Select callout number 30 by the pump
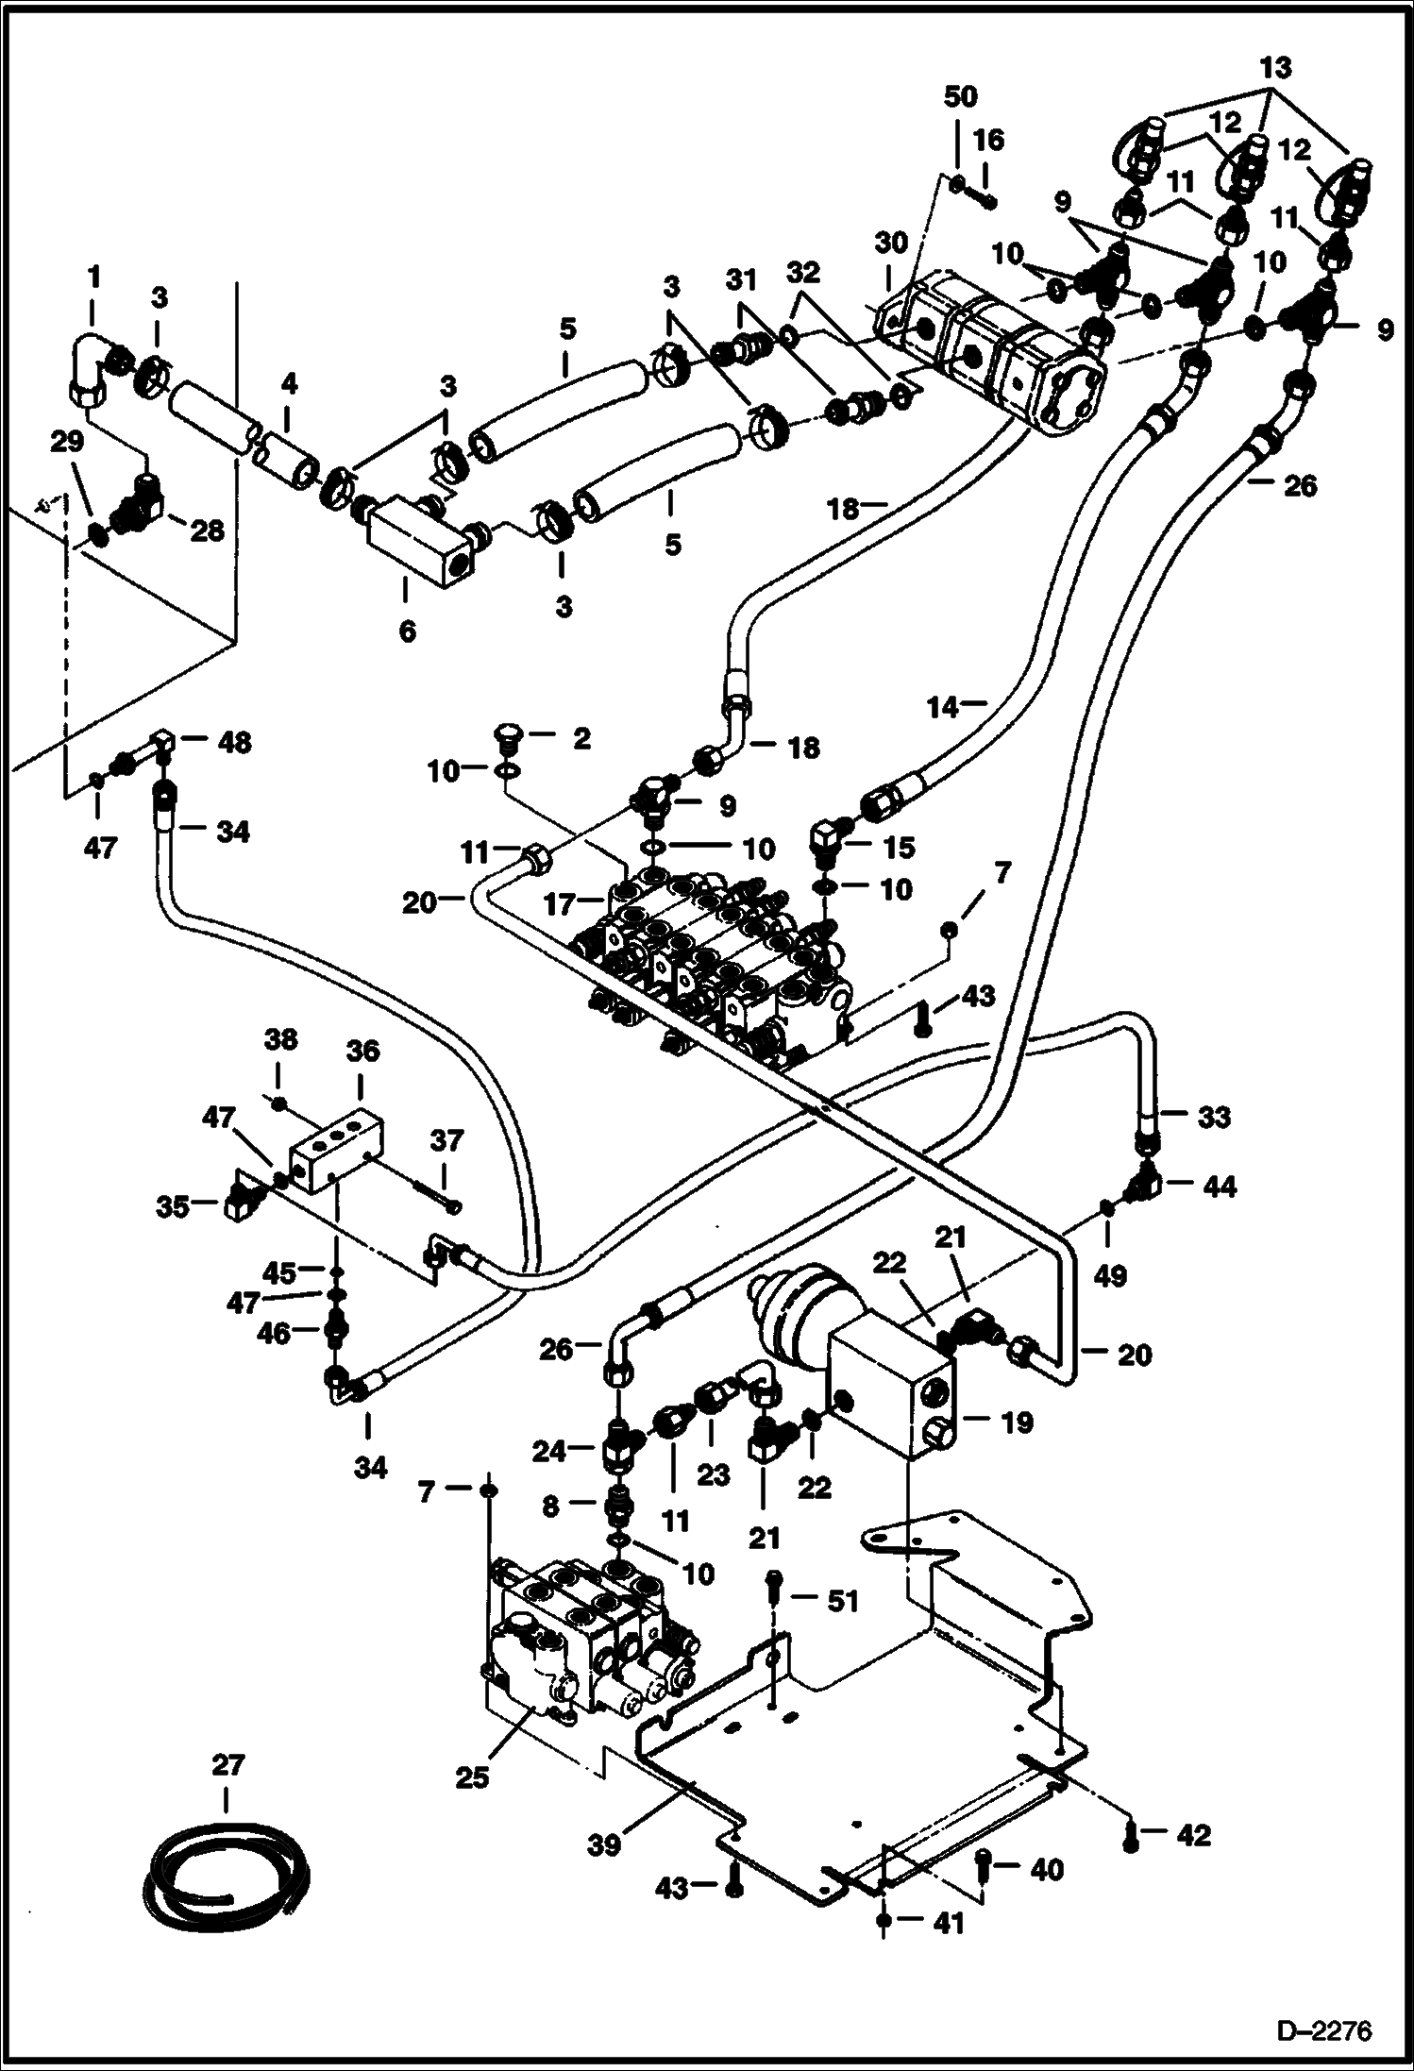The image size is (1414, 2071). tap(890, 243)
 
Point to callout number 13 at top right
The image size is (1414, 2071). tap(1275, 68)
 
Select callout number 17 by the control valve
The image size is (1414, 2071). tap(560, 904)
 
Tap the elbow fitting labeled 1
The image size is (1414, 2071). tap(91, 365)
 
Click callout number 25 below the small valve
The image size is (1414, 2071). tap(472, 1776)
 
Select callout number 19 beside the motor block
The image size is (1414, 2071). tap(1016, 1423)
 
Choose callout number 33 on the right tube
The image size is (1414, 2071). tap(1214, 1116)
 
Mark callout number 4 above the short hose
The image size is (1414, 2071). tap(288, 383)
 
